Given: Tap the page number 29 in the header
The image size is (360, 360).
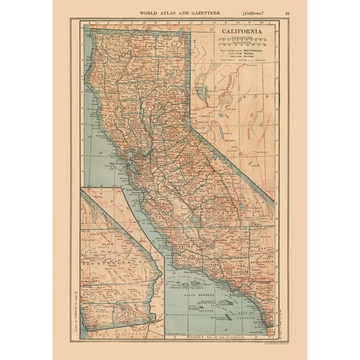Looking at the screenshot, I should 287,12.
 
